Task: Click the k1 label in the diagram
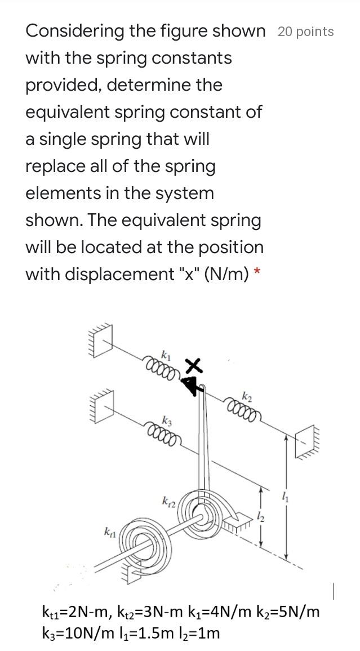coord(165,355)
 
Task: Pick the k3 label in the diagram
coord(167,420)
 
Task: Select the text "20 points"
coord(305,32)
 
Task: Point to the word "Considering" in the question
coord(74,31)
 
